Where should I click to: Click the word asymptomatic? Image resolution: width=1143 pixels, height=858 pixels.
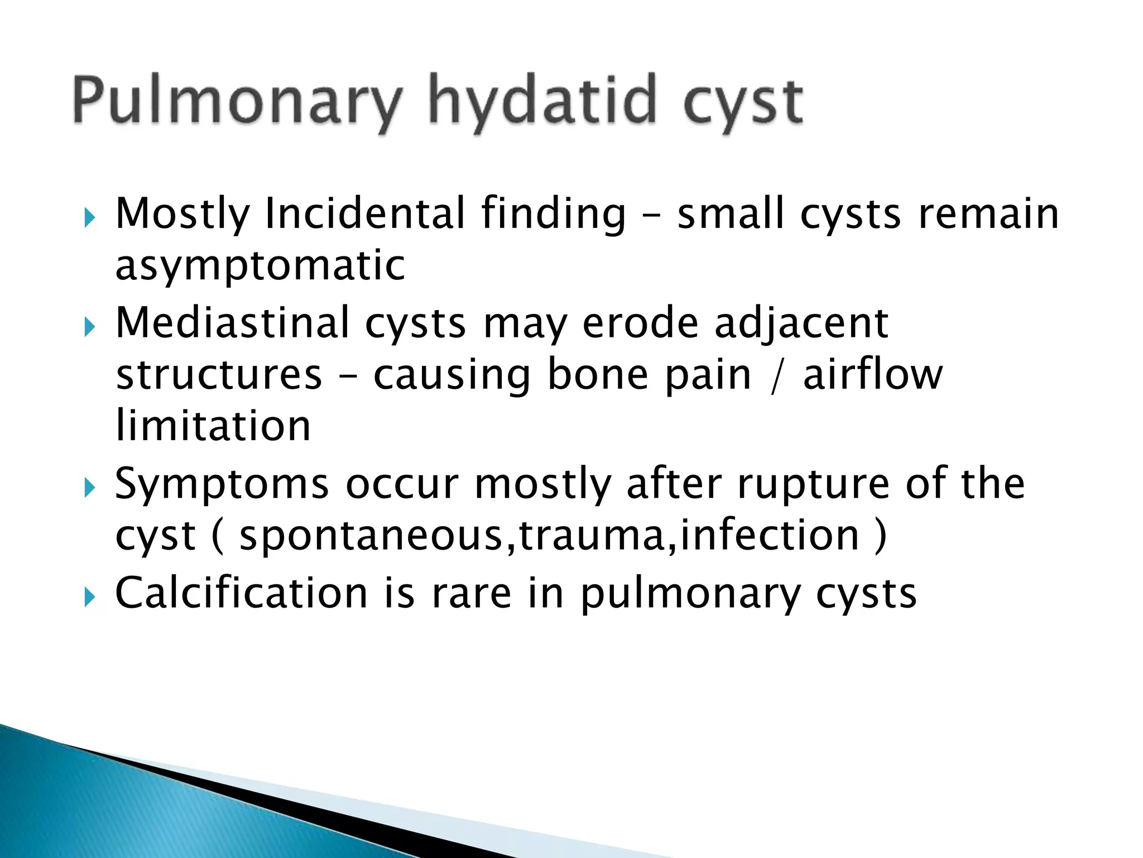tap(260, 265)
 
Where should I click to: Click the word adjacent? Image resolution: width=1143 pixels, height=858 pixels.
tap(801, 324)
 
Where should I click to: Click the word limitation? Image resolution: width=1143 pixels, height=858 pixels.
tap(213, 426)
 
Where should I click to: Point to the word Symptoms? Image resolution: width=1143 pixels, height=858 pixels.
tap(222, 484)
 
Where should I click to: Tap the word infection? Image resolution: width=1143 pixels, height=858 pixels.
tap(770, 535)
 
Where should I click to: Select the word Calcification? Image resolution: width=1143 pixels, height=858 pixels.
tap(241, 593)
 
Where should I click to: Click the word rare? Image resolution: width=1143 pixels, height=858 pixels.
tap(471, 593)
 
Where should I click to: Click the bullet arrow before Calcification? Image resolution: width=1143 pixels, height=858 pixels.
tap(90, 598)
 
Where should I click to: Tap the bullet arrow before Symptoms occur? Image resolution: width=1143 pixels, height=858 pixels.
tap(90, 488)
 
